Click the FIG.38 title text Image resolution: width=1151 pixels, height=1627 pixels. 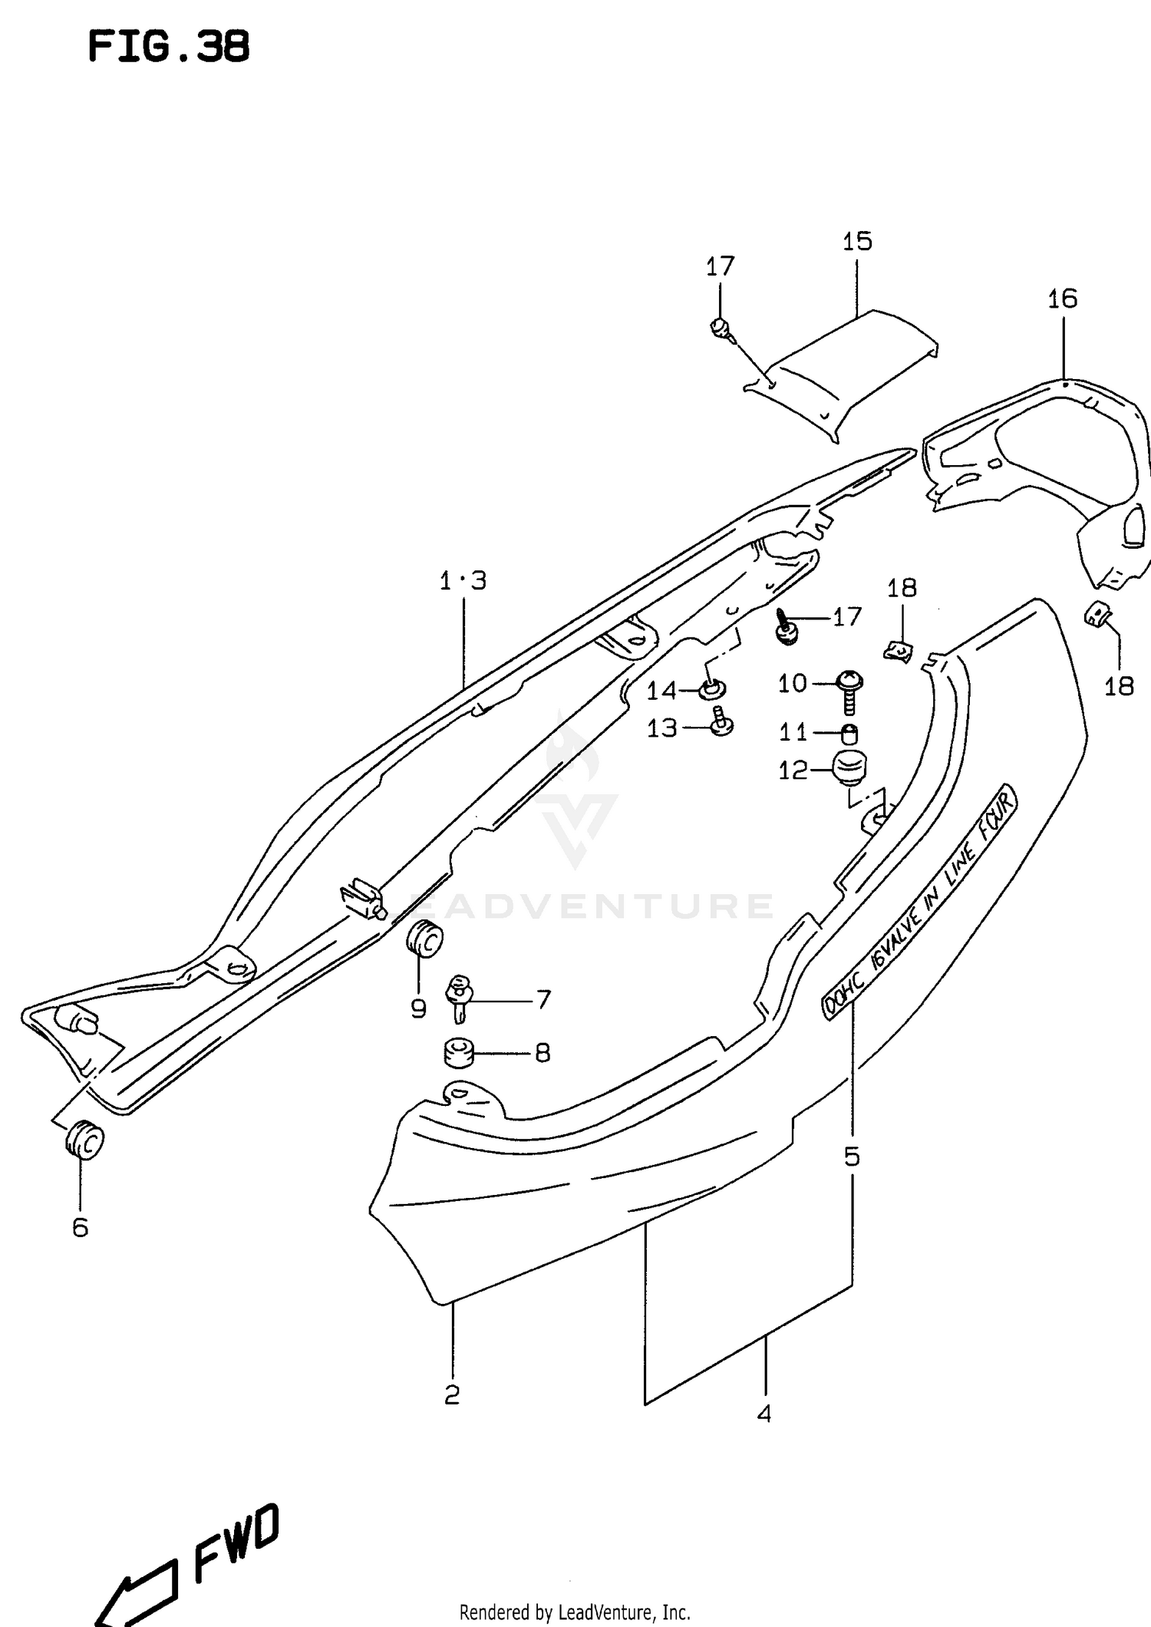click(x=169, y=48)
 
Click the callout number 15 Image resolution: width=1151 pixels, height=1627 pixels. click(x=857, y=242)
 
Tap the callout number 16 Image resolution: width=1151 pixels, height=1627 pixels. click(x=1063, y=299)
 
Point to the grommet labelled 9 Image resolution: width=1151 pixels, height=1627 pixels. click(x=424, y=941)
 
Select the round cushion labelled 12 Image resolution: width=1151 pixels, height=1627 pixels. click(x=848, y=769)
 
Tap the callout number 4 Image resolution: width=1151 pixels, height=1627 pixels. click(x=763, y=1414)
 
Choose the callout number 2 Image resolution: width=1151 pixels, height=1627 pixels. click(x=452, y=1394)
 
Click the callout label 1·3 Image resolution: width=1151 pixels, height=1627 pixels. click(x=463, y=581)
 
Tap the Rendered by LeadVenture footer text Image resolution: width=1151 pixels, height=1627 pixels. click(x=575, y=1612)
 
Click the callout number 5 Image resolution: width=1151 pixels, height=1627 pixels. click(x=852, y=1156)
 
